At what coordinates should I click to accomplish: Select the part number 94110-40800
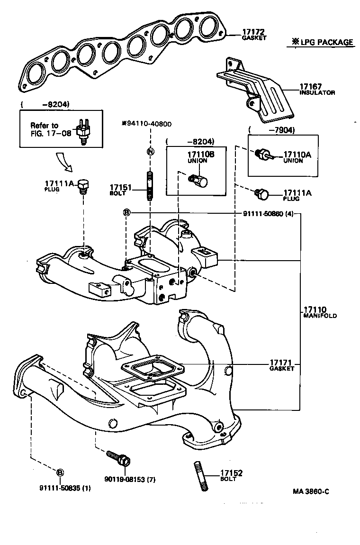tap(146, 124)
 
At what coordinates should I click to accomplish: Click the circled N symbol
tap(150, 152)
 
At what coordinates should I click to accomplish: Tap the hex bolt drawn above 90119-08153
tap(119, 457)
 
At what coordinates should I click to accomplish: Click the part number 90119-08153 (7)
tap(130, 480)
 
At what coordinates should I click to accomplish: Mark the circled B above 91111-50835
tap(60, 472)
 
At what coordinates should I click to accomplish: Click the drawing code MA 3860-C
tap(310, 491)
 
